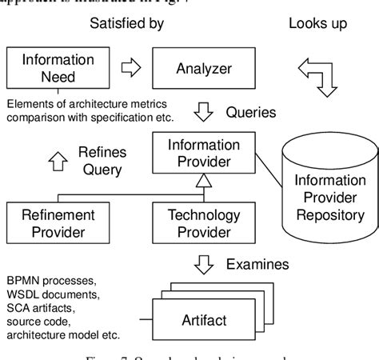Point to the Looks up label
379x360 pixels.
pyautogui.click(x=317, y=23)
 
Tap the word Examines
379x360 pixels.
pyautogui.click(x=257, y=264)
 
